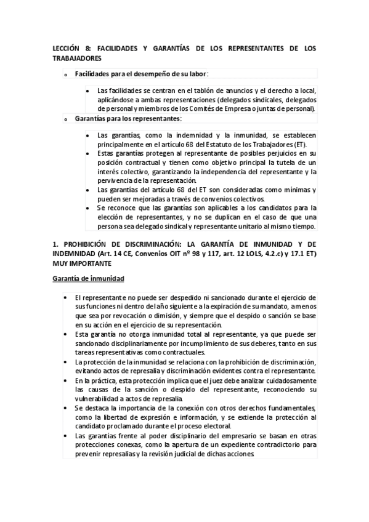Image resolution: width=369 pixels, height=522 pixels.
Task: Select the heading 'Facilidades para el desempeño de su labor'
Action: point(141,74)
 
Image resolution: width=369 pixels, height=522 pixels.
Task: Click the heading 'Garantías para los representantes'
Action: point(128,118)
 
